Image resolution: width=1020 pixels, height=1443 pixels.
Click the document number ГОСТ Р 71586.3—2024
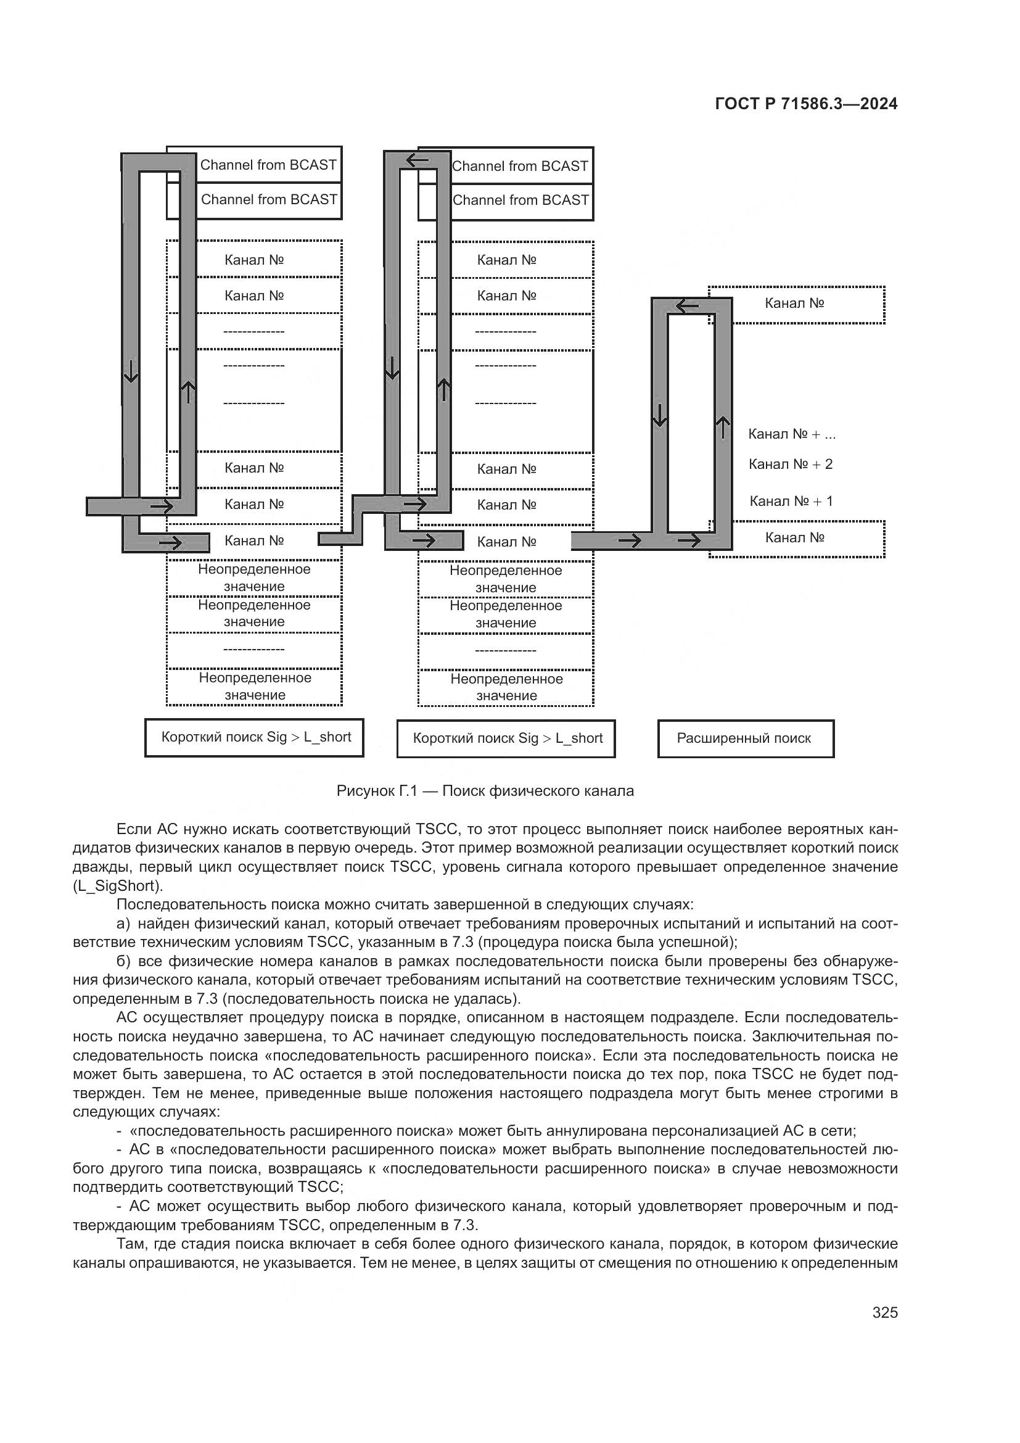tap(806, 104)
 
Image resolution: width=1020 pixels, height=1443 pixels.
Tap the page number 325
tap(884, 1312)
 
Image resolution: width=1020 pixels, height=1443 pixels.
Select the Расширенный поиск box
tap(746, 738)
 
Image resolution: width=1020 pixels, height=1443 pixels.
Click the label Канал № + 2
tap(790, 465)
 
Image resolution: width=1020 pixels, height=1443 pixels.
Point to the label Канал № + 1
tap(791, 501)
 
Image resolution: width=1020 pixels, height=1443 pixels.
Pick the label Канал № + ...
tap(791, 434)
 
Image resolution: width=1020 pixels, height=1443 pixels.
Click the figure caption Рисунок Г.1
tap(485, 792)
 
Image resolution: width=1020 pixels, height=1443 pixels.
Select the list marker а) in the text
tap(123, 924)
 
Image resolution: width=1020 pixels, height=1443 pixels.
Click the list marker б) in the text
tap(123, 962)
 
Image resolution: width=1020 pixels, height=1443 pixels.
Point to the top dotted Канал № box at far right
tap(796, 304)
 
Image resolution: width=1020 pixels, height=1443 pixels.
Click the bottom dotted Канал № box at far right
tap(796, 539)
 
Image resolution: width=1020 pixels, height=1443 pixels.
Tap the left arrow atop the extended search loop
tap(687, 307)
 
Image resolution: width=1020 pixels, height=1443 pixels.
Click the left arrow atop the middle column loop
tap(417, 161)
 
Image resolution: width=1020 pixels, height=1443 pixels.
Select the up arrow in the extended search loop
tap(723, 428)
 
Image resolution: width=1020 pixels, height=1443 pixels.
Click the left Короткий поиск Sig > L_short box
tap(254, 737)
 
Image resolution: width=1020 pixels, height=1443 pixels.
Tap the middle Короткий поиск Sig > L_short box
tap(506, 738)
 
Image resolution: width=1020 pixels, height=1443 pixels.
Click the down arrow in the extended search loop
tap(659, 415)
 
